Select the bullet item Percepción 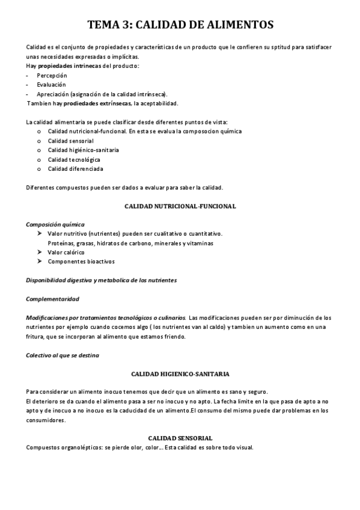[52, 75]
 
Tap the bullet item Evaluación [51, 85]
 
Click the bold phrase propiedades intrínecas [75, 66]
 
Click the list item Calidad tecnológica [74, 159]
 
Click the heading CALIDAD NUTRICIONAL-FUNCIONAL [180, 206]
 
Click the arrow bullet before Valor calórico [40, 252]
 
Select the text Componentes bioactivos [81, 262]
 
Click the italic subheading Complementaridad [52, 299]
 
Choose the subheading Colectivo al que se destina [63, 355]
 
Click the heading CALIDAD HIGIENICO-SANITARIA [180, 373]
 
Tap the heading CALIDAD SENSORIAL [180, 438]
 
